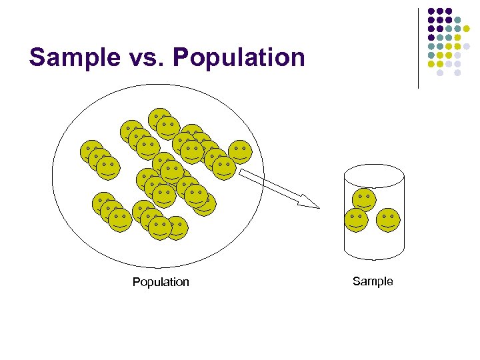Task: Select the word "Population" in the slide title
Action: click(x=239, y=57)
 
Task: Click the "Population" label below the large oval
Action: click(x=161, y=282)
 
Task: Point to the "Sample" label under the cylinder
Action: click(x=373, y=281)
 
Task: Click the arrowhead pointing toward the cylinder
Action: click(x=309, y=201)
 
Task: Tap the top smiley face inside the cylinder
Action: click(x=364, y=199)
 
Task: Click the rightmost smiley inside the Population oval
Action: click(x=241, y=152)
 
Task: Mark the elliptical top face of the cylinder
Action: click(x=373, y=176)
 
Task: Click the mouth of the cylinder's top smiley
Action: click(x=364, y=206)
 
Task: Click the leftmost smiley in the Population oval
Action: click(x=91, y=151)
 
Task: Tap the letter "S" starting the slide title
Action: click(x=37, y=57)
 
